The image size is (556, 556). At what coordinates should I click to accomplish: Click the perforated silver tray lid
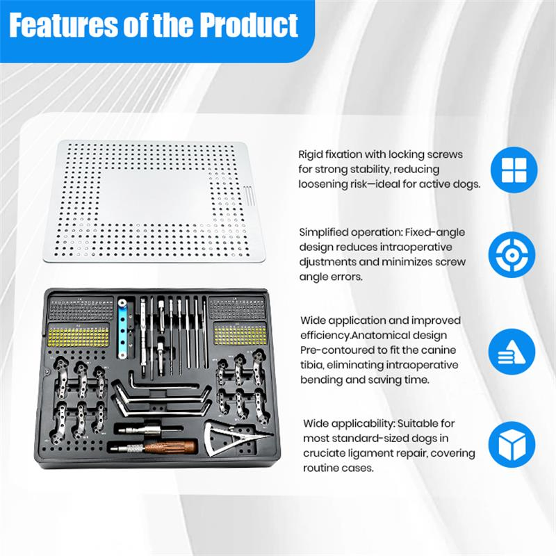pos(159,199)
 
